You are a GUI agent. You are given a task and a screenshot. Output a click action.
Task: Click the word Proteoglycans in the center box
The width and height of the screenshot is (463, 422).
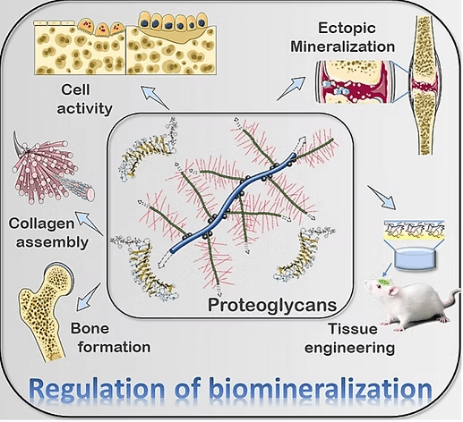point(272,306)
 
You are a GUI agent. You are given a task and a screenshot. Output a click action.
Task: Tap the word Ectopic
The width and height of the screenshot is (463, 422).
point(347,29)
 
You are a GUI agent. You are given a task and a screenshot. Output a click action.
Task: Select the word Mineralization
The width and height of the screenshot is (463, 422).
point(343,46)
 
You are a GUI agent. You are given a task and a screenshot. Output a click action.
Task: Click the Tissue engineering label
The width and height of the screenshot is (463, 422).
point(349,338)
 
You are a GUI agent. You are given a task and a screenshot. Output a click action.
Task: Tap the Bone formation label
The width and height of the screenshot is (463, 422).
point(110,338)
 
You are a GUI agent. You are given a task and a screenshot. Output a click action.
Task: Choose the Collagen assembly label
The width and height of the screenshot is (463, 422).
point(48,232)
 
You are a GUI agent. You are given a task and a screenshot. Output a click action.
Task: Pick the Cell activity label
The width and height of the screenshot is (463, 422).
point(84,99)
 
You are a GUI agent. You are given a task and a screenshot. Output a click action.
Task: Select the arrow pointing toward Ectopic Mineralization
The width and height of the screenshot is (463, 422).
point(291,89)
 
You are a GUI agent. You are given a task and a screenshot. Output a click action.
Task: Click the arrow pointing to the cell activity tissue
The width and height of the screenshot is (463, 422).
point(156,97)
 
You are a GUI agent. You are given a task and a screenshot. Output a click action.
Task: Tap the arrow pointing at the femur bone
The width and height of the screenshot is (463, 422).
point(89,297)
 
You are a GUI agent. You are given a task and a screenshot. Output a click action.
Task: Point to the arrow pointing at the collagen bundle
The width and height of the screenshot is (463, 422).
point(90,224)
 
